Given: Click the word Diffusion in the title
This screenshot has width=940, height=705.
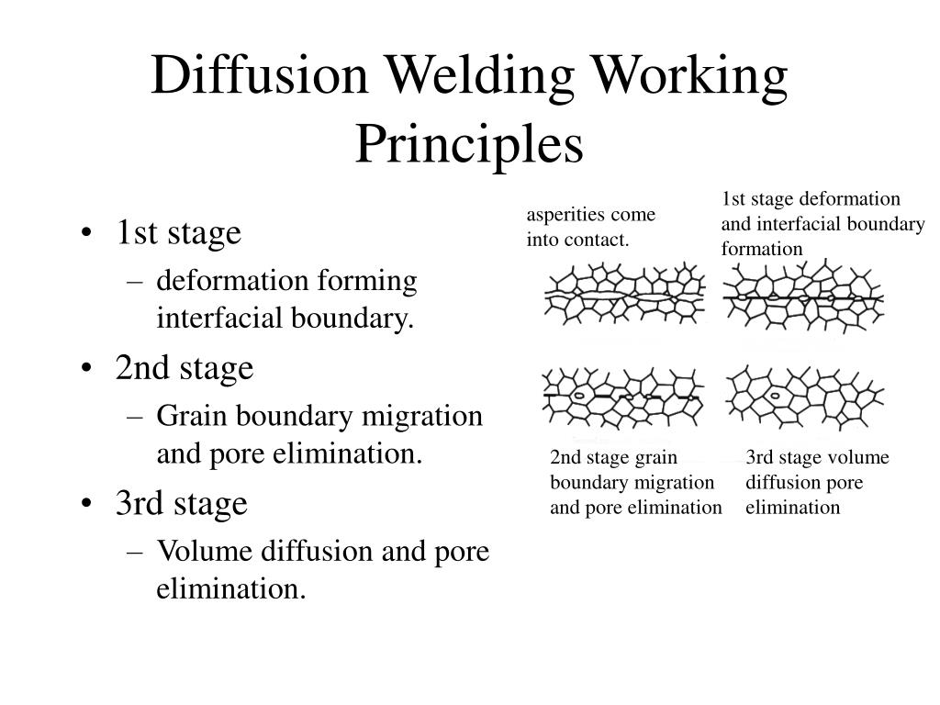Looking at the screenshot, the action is (259, 75).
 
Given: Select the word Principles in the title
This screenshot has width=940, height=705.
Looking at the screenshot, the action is (469, 145).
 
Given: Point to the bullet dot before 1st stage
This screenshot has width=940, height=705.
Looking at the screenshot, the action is (86, 233).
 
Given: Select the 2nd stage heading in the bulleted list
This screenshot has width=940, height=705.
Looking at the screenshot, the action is (185, 369).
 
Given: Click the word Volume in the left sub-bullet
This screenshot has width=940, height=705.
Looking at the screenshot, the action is (205, 551).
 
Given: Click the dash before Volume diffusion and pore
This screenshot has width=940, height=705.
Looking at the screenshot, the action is (135, 552).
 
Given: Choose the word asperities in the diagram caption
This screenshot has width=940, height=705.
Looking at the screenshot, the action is (566, 216).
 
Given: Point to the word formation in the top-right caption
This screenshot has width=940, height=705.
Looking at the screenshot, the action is (761, 248).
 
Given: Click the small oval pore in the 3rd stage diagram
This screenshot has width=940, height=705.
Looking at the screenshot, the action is (775, 396).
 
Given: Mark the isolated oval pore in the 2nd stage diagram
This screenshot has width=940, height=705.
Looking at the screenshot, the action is (579, 396).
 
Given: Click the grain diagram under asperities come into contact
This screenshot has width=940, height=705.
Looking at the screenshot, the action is (624, 294).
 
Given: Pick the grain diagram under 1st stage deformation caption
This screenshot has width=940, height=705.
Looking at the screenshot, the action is (803, 295).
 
